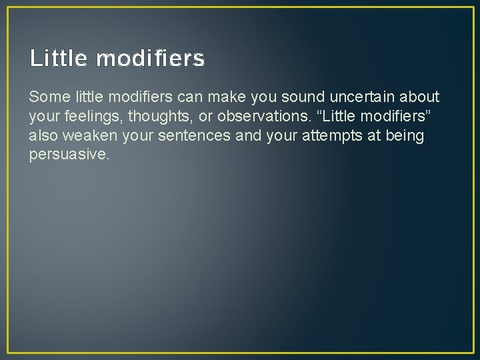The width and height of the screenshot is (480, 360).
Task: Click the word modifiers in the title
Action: coord(151,59)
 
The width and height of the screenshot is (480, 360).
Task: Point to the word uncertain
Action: coord(363,97)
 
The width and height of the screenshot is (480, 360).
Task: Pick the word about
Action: coord(420,97)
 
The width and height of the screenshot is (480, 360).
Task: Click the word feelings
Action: coord(86,117)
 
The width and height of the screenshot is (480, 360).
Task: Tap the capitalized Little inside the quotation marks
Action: coord(342,117)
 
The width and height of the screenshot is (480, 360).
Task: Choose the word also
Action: coord(43,136)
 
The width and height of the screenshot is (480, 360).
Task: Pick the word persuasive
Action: coord(68,155)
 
